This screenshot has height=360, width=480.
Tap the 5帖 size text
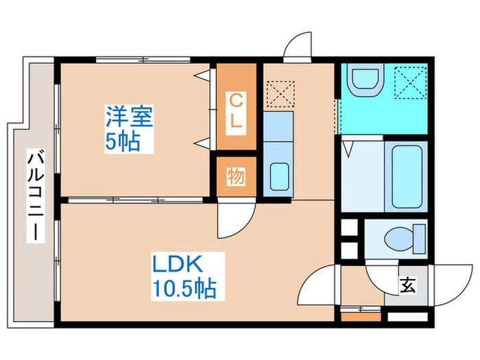pyautogui.click(x=123, y=142)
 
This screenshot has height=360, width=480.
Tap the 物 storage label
pyautogui.click(x=235, y=177)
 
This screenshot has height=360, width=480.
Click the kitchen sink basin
pyautogui.click(x=279, y=177)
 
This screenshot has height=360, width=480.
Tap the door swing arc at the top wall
pyautogui.click(x=300, y=47)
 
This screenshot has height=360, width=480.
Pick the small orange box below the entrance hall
pyautogui.click(x=361, y=316)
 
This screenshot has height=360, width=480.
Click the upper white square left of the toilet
pyautogui.click(x=350, y=227)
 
